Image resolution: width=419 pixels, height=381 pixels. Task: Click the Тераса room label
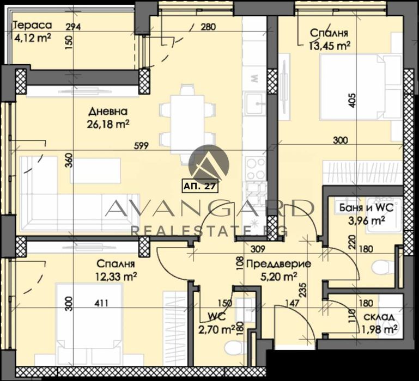tap(32, 24)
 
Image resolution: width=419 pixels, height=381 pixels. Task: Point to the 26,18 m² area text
tap(108, 125)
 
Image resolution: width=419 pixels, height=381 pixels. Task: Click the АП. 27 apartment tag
tap(201, 186)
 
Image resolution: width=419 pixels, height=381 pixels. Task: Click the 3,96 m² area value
tap(367, 220)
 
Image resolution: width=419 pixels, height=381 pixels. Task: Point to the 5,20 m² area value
tap(279, 276)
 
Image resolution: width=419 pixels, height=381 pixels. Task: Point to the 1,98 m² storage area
tap(379, 328)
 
